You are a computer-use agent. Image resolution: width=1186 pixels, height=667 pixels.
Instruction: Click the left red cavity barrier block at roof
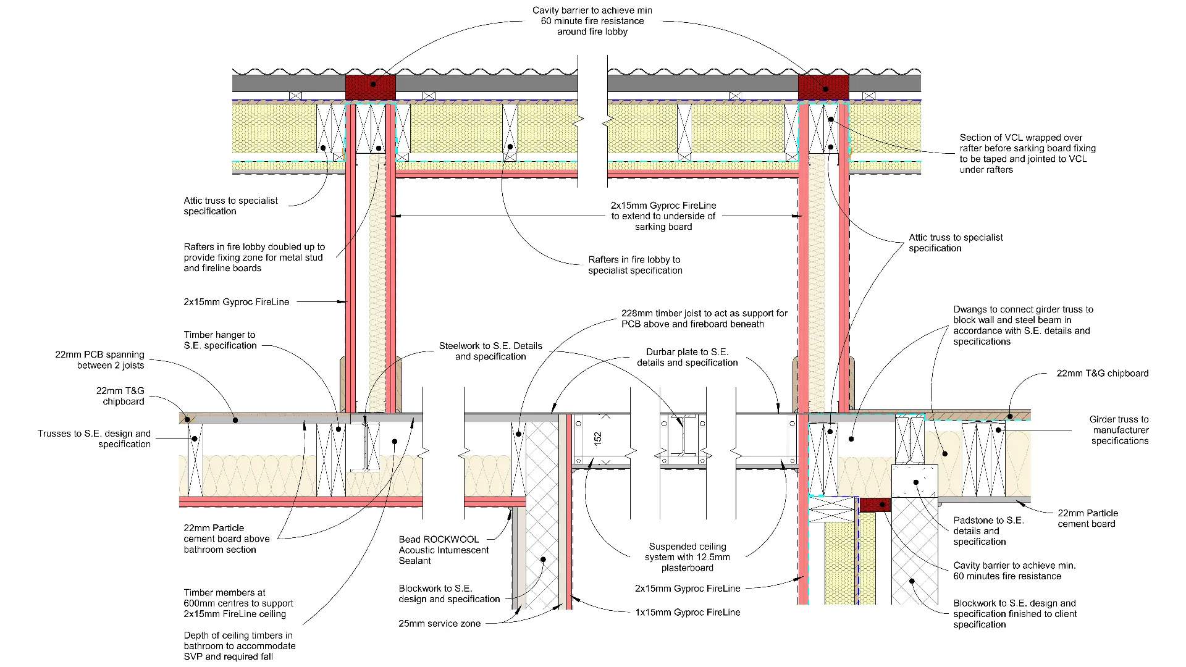click(370, 87)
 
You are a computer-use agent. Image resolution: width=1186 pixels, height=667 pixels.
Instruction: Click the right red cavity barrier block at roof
click(823, 87)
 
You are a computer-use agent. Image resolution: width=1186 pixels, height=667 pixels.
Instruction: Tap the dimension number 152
click(597, 438)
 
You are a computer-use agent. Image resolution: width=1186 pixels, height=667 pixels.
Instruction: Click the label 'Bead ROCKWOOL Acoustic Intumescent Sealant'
click(443, 550)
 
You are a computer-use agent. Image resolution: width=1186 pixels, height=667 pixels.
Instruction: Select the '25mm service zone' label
click(439, 624)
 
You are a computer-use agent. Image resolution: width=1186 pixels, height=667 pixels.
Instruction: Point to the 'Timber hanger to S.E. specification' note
click(220, 340)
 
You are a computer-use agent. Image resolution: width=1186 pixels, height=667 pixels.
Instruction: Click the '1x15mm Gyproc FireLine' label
click(688, 613)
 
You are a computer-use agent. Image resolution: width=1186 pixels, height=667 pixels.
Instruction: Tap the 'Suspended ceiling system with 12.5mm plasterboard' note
click(687, 557)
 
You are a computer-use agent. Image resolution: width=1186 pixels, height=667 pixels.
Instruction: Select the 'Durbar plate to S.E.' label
click(687, 357)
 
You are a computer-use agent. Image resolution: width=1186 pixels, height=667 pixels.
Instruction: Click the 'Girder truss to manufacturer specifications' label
click(1119, 430)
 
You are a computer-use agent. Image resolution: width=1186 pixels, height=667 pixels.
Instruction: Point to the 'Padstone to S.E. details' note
click(988, 531)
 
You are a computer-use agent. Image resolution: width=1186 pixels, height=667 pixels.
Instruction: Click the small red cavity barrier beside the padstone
click(875, 505)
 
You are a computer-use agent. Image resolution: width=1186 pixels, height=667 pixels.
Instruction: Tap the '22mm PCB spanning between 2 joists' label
click(99, 360)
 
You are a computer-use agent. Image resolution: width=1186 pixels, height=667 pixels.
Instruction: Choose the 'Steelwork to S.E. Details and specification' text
click(490, 351)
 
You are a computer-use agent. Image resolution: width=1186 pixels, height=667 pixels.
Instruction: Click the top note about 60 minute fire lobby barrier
click(592, 21)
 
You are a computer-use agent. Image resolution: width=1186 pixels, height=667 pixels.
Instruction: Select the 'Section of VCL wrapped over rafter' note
click(1027, 154)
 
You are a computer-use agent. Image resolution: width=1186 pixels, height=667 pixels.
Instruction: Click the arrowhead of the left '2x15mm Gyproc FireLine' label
click(343, 302)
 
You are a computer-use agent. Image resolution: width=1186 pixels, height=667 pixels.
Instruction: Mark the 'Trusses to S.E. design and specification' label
click(94, 438)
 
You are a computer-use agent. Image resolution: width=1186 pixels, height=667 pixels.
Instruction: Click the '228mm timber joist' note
click(704, 319)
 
